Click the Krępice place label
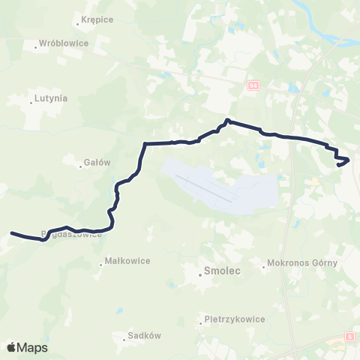97,19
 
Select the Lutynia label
51,98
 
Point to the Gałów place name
97,162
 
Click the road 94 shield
252,86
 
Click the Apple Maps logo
27,347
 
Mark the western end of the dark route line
11,233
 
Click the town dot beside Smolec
200,274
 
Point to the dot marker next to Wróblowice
35,48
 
